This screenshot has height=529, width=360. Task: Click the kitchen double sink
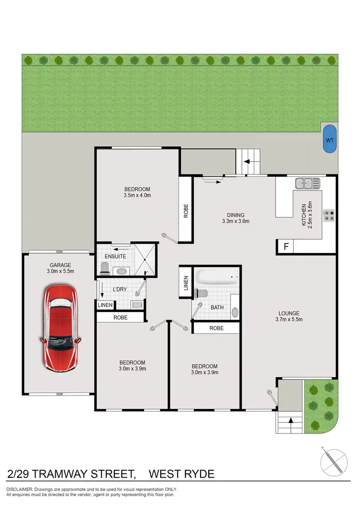[x=307, y=182]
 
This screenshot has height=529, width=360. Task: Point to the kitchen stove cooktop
[x=329, y=215]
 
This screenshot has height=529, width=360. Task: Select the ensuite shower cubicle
[x=144, y=260]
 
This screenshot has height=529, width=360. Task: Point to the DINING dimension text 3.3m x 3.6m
[x=236, y=221]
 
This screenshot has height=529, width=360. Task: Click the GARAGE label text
[x=60, y=264]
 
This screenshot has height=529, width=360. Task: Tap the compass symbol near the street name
[x=334, y=462]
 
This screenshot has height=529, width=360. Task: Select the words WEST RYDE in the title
[x=181, y=474]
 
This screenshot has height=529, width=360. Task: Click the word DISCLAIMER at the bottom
[x=20, y=489]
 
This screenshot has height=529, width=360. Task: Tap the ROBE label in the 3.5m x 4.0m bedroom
[x=186, y=211]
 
